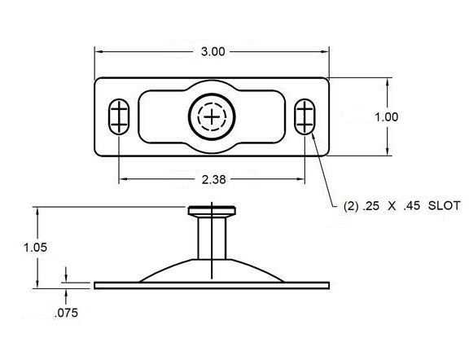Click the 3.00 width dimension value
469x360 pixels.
[x=213, y=51]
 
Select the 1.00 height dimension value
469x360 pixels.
[x=386, y=116]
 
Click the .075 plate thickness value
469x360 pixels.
[x=67, y=312]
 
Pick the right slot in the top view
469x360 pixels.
[x=305, y=116]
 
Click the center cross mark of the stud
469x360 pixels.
[x=213, y=117]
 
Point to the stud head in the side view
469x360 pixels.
[x=212, y=212]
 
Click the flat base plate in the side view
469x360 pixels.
[x=212, y=285]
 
